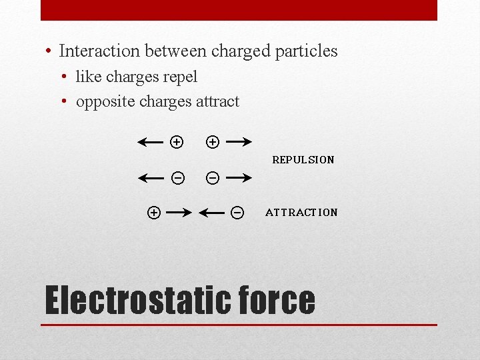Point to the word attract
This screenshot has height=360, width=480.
pyautogui.click(x=217, y=101)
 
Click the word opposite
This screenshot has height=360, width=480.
pyautogui.click(x=103, y=101)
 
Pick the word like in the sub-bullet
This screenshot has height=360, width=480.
pyautogui.click(x=89, y=77)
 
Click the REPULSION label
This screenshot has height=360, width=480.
pyautogui.click(x=303, y=160)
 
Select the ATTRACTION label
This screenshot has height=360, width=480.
pyautogui.click(x=301, y=213)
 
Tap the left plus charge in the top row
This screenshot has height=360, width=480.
pyautogui.click(x=176, y=141)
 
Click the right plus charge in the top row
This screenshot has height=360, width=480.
pyautogui.click(x=212, y=141)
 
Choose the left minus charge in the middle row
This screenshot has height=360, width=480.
pyautogui.click(x=177, y=177)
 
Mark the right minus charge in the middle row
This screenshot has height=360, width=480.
pyautogui.click(x=212, y=177)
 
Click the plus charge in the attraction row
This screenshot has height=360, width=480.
pyautogui.click(x=153, y=213)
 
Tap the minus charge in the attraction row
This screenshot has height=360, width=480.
pyautogui.click(x=237, y=213)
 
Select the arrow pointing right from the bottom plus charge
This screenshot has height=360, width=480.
pyautogui.click(x=179, y=213)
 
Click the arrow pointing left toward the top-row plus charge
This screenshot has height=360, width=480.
pyautogui.click(x=151, y=141)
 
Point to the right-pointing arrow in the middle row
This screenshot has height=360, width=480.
pyautogui.click(x=237, y=177)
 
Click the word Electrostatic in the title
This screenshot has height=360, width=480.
pyautogui.click(x=133, y=300)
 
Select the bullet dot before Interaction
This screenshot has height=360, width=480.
pyautogui.click(x=49, y=51)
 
